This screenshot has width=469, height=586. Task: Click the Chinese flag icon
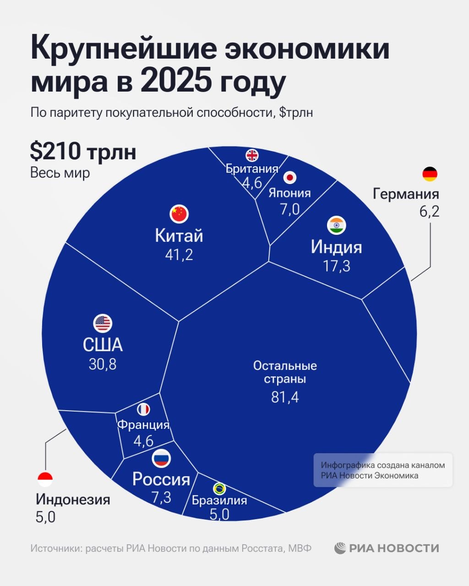[x=179, y=213]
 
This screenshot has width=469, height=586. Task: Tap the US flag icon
[x=103, y=323]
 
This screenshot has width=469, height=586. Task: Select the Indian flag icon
[x=337, y=225]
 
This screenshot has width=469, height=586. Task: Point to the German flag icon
[x=430, y=174]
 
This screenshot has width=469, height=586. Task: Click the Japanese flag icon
[x=289, y=177]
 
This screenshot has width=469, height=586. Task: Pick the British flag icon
[x=252, y=155]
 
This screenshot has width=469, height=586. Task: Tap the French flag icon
[x=143, y=409]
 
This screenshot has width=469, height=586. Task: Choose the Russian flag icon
[x=161, y=458]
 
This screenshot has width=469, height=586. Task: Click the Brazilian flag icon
[x=219, y=488]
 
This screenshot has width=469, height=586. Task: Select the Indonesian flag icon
[x=45, y=479]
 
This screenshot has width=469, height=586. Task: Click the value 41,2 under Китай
[x=179, y=255]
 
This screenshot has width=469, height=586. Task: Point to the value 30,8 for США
[x=103, y=364]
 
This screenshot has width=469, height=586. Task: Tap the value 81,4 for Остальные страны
[x=285, y=397]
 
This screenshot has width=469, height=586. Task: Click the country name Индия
[x=337, y=247]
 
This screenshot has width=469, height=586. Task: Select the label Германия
[x=406, y=194]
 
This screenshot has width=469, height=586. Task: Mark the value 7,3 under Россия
[x=161, y=497]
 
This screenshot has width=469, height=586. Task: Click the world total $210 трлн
[x=83, y=152]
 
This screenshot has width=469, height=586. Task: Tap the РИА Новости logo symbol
[x=340, y=548]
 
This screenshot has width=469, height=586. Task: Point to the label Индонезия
[x=73, y=499]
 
